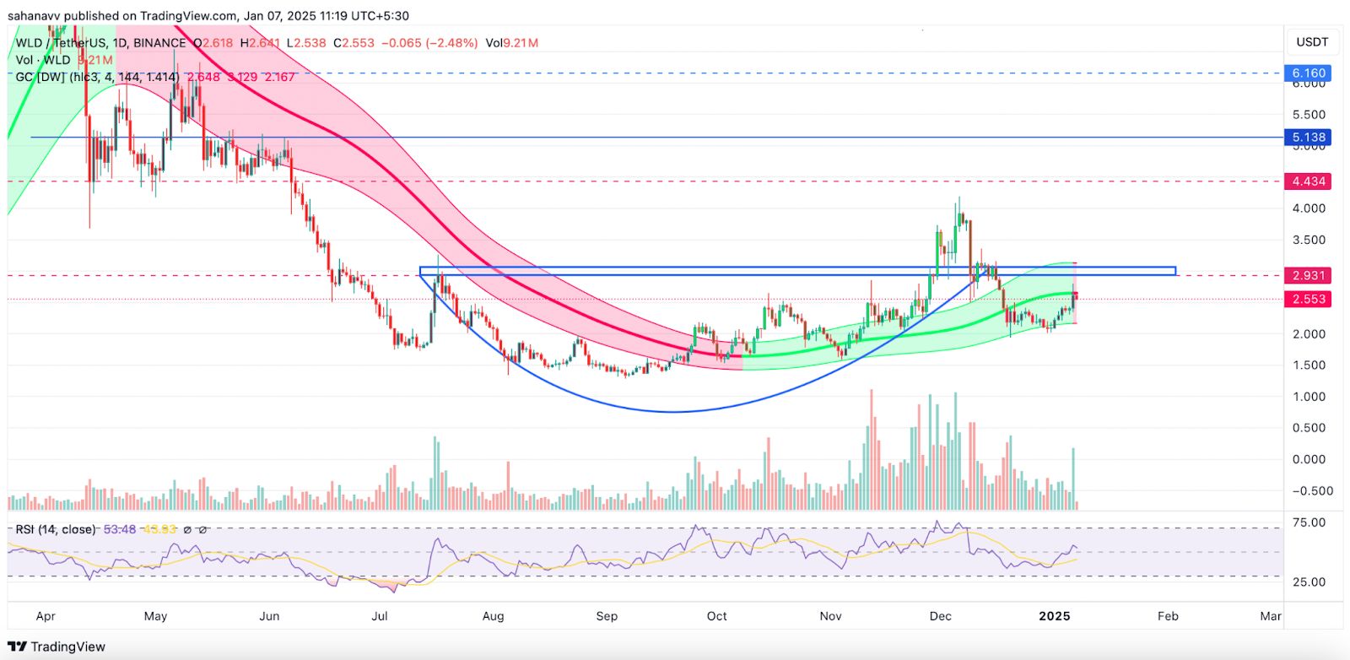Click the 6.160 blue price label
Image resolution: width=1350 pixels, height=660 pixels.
tap(1309, 73)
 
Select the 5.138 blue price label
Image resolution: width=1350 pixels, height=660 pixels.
tap(1309, 137)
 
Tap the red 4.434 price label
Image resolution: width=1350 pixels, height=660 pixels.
tap(1309, 181)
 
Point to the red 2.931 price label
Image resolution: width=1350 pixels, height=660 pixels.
tap(1309, 276)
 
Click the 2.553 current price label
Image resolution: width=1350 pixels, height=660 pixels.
tap(1309, 300)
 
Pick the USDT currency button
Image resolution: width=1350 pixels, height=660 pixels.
tap(1312, 42)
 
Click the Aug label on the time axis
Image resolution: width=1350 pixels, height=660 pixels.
tap(493, 616)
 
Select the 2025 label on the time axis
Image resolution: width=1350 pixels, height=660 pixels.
tap(1055, 616)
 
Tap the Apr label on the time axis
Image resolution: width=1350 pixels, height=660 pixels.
tap(46, 616)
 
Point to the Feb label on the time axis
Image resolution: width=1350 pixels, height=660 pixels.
tap(1168, 616)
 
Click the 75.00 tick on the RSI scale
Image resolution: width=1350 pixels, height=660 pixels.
tap(1309, 522)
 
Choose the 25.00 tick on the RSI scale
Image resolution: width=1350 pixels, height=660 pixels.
tap(1309, 582)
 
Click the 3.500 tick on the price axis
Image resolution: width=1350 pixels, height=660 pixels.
tap(1309, 240)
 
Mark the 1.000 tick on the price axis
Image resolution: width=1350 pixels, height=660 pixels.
tap(1309, 397)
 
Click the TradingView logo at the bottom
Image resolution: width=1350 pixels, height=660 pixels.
tap(57, 646)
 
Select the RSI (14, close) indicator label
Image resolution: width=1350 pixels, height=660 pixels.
tap(56, 529)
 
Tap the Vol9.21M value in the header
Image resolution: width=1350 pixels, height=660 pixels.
tap(512, 43)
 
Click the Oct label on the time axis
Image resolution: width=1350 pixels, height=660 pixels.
tap(716, 616)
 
